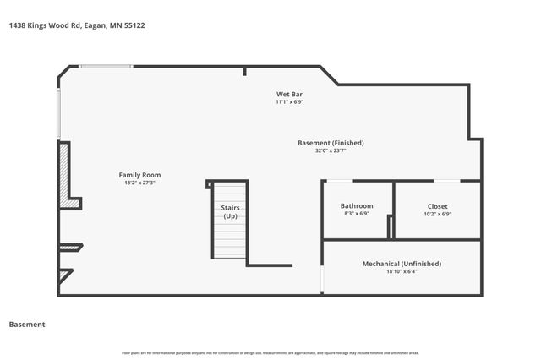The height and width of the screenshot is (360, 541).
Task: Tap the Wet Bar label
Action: click(289, 93)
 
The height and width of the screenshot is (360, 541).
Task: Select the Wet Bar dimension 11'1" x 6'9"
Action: click(289, 102)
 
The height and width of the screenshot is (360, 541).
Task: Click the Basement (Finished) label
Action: click(331, 143)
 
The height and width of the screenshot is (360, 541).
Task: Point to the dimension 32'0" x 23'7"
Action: click(331, 151)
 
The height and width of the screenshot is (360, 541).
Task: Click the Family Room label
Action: click(139, 174)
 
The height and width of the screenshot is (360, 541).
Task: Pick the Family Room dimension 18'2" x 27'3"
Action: click(139, 183)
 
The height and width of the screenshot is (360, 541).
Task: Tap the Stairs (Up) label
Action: click(230, 212)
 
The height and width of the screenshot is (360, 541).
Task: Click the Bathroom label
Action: click(357, 205)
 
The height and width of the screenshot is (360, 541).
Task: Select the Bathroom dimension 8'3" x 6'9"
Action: click(357, 214)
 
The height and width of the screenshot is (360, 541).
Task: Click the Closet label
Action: click(438, 205)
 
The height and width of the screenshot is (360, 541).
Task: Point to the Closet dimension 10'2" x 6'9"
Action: click(438, 214)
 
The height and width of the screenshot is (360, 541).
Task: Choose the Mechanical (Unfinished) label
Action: click(402, 264)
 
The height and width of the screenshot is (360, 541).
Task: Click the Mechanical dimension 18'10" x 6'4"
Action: click(402, 272)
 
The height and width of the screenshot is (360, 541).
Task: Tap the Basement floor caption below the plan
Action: click(26, 324)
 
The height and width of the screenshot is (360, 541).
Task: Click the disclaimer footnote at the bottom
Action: click(270, 352)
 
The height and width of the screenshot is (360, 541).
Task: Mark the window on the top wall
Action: click(106, 66)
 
